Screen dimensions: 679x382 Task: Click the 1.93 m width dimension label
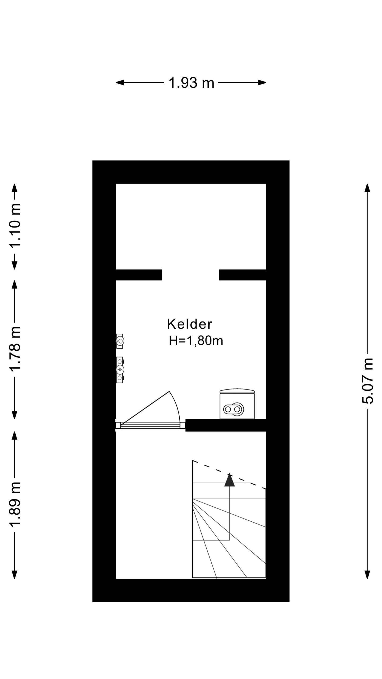coord(191,83)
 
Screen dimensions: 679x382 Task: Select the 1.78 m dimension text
coord(15,349)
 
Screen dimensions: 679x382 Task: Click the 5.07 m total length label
coord(368,381)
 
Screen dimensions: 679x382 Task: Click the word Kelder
coord(190,324)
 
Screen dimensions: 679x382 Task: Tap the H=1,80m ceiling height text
coord(196,341)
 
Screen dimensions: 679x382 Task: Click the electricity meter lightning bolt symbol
coord(120,369)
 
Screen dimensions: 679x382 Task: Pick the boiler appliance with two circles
coord(237,404)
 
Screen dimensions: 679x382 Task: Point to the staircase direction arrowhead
coord(229,480)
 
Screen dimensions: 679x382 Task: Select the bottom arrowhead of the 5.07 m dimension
coord(367,574)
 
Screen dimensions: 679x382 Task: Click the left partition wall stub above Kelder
coord(139,275)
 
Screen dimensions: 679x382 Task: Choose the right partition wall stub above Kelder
coord(242,275)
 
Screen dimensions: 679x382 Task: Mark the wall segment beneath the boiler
coord(225,425)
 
